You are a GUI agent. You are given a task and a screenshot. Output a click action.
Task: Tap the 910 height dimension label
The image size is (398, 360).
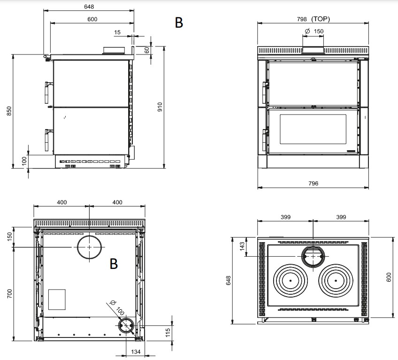[x=160, y=107]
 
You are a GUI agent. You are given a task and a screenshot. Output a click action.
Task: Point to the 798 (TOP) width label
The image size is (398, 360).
[x=314, y=19]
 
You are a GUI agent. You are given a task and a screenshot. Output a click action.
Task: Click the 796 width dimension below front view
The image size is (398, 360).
[x=313, y=184]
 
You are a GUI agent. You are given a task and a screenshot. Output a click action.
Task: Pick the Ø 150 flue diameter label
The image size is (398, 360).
[x=314, y=31]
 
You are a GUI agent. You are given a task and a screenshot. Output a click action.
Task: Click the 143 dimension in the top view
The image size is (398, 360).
[x=243, y=246]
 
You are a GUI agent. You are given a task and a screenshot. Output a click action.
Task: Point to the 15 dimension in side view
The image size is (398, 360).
[x=117, y=32]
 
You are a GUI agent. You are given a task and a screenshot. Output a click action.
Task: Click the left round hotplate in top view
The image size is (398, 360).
[x=291, y=280]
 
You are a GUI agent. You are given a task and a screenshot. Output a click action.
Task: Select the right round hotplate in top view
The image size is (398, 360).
[x=336, y=280]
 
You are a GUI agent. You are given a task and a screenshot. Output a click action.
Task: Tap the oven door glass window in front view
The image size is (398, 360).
[x=313, y=130]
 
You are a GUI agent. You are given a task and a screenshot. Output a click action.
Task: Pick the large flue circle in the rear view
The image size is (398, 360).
[x=89, y=247]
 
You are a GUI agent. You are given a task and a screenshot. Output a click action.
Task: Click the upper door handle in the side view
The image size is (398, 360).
[x=47, y=92]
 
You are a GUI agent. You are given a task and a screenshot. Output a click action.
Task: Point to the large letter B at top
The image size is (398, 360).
[x=179, y=23]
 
